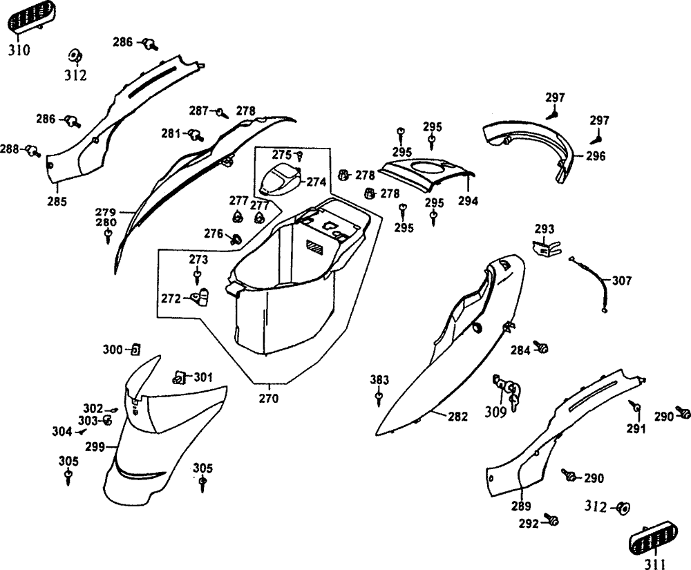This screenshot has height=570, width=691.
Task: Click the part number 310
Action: tap(19, 50)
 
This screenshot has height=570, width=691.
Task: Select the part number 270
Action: tap(269, 398)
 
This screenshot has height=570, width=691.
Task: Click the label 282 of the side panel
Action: tap(457, 417)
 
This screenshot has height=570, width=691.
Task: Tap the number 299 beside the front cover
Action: tap(95, 447)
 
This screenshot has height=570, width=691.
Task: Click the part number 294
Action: tap(468, 202)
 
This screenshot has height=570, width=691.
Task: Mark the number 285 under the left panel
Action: tap(57, 202)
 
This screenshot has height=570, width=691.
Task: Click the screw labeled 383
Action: tap(379, 398)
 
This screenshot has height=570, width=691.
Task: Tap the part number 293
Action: tap(545, 228)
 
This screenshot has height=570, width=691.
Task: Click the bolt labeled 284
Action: tap(542, 349)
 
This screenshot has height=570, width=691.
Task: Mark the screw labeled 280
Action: tap(108, 238)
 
